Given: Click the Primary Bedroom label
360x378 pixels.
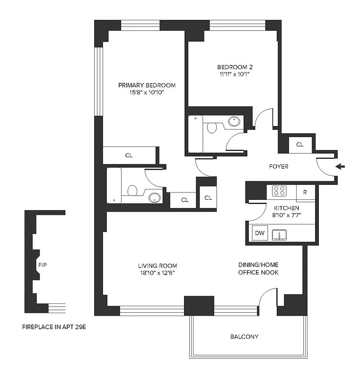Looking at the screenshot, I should point(147,85).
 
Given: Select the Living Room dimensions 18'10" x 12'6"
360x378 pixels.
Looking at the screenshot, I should point(158,273).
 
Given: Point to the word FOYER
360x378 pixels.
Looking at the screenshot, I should point(278,167).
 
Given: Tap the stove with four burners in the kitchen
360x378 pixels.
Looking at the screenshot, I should point(280,191).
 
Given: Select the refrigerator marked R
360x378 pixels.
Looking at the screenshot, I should point(305,192).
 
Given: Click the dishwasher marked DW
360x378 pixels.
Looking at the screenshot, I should point(259,233).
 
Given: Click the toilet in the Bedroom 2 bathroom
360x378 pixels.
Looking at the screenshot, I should point(212,127).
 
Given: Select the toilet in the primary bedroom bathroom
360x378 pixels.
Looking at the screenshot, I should point(132,190).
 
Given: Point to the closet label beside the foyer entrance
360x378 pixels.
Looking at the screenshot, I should point(299,145).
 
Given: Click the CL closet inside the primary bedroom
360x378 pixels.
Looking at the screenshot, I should point(129,155).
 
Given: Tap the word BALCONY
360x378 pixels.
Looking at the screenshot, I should point(244,337).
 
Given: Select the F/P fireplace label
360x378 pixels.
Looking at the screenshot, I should point(42,266).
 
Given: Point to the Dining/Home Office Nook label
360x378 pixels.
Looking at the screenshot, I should point(258,269).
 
